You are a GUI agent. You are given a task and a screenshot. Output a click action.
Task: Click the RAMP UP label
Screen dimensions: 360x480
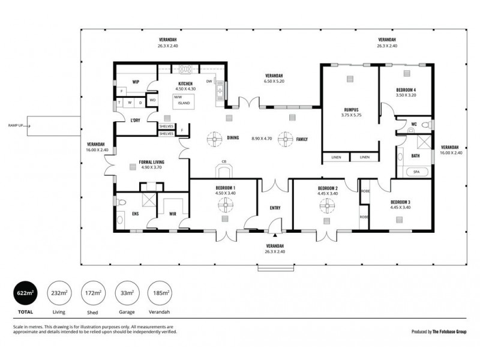(x=16, y=125)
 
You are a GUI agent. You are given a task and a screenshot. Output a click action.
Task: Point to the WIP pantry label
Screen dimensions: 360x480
(x=136, y=82)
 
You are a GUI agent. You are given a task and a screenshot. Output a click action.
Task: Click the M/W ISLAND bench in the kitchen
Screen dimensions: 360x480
(x=183, y=100)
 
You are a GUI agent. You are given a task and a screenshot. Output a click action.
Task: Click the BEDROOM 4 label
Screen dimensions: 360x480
(x=406, y=90)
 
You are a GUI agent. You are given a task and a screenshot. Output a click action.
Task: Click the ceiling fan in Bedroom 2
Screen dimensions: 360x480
(x=328, y=206)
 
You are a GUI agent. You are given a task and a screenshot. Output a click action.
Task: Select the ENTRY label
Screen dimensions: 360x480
(x=275, y=208)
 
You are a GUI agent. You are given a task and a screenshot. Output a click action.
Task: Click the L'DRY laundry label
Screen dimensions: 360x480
(x=136, y=121)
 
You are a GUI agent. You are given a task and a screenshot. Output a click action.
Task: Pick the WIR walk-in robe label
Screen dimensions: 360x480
(x=173, y=214)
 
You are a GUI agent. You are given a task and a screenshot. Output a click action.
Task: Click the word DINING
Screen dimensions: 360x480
(x=233, y=138)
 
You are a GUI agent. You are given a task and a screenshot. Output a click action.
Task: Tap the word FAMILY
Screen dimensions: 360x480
(x=302, y=139)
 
